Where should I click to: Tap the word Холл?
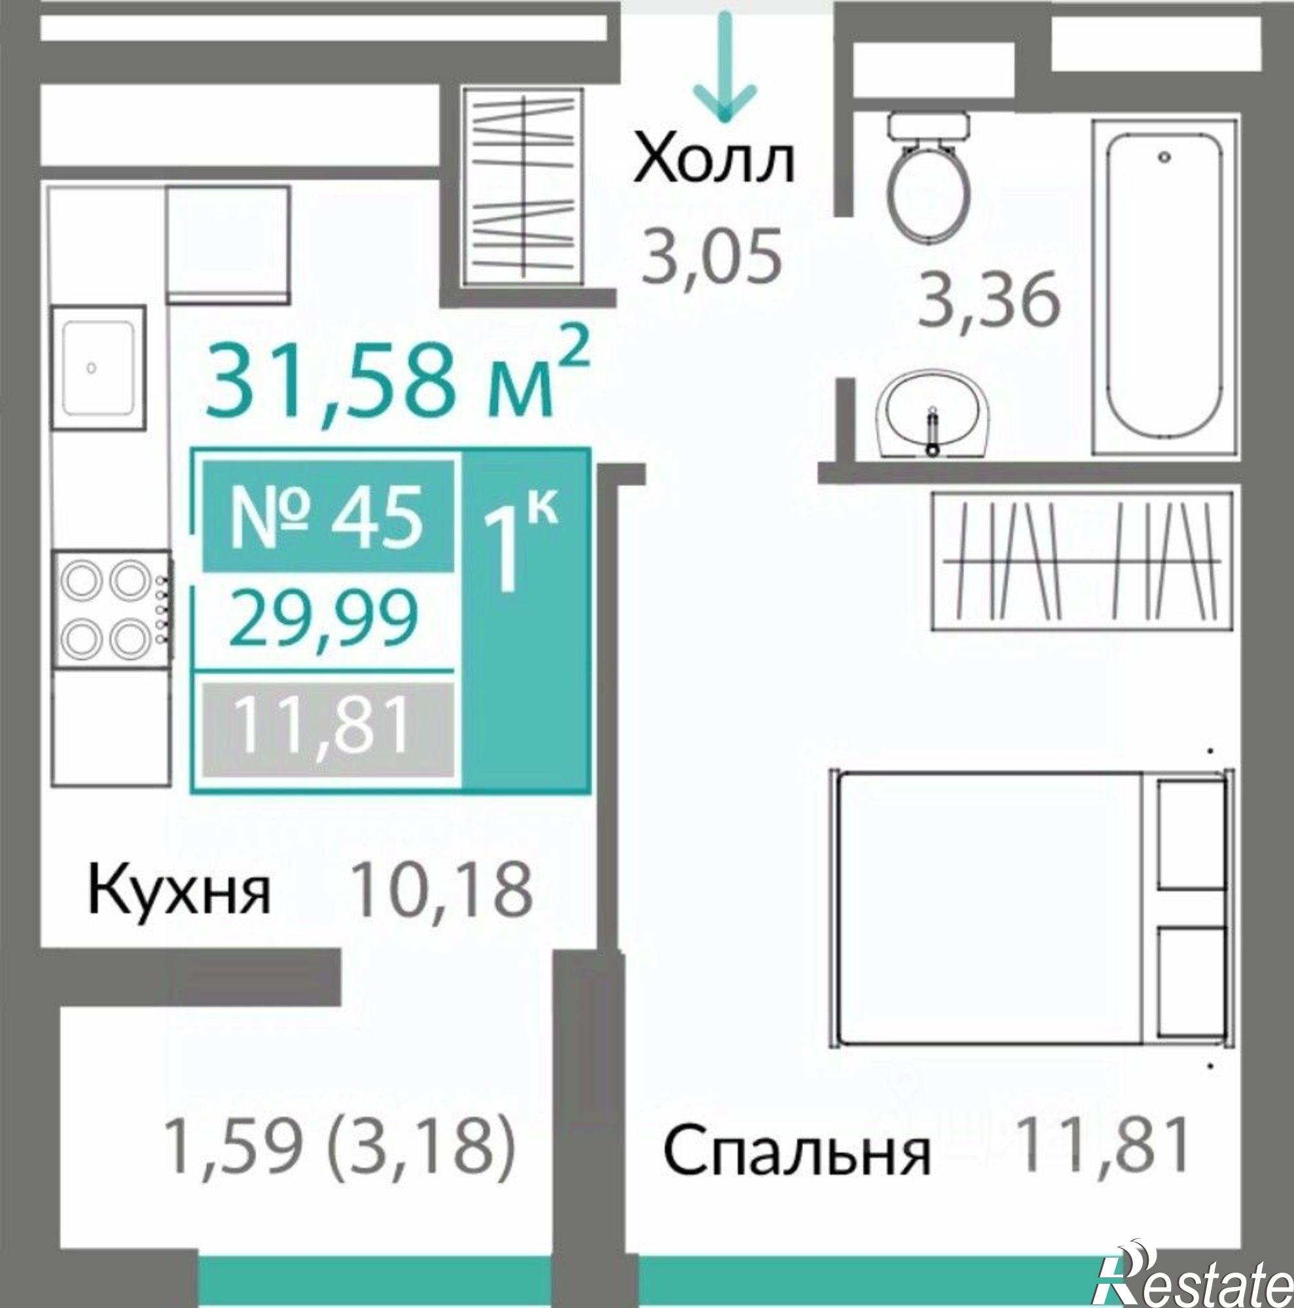coord(713,162)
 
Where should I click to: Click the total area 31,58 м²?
coord(397,381)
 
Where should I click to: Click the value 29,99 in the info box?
coord(324,618)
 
